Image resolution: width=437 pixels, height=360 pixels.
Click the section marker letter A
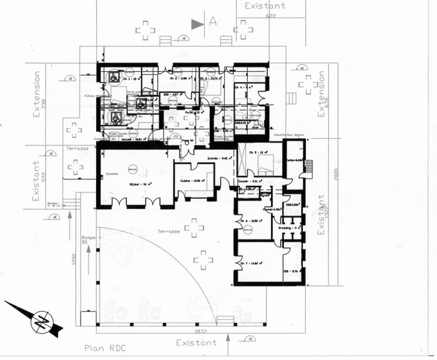[213, 23]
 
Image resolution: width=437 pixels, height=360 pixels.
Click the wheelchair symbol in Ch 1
[115, 77]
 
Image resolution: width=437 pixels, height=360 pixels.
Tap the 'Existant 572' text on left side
[39, 181]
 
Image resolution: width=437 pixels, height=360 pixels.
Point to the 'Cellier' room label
[293, 160]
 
